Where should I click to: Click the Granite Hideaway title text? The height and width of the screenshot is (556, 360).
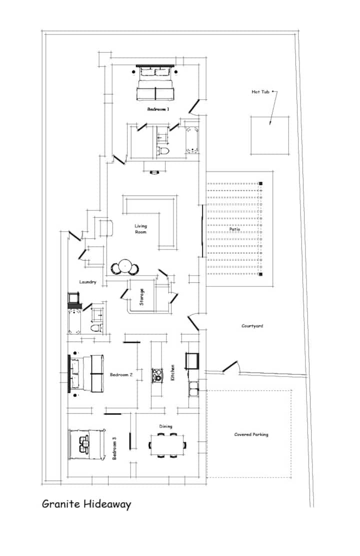(86, 504)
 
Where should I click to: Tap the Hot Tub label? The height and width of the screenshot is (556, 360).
(260, 92)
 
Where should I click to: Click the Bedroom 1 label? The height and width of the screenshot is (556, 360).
(158, 109)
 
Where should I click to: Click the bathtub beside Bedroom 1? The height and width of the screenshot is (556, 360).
(192, 140)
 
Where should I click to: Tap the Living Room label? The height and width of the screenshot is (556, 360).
(141, 228)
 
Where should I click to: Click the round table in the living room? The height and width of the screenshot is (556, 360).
(125, 266)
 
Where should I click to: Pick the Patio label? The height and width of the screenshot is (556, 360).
(234, 229)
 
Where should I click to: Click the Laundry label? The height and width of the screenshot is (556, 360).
(87, 282)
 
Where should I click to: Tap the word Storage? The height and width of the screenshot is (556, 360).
(141, 297)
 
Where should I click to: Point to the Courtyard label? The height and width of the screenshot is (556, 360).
(252, 326)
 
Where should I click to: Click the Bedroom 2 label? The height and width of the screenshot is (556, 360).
(121, 375)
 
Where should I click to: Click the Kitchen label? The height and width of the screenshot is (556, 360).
(172, 372)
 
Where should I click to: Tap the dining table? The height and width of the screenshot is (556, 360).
(167, 444)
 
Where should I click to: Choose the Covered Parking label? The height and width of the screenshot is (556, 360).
(251, 434)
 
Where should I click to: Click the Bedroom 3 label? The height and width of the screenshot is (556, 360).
(114, 448)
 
